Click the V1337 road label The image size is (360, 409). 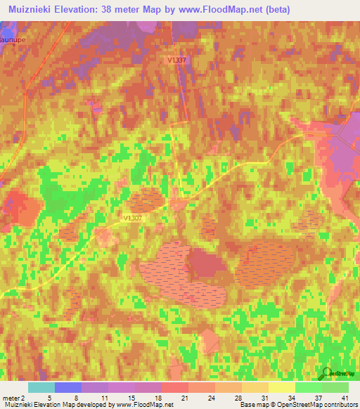177,60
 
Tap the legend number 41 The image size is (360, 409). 344,398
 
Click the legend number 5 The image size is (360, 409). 49,398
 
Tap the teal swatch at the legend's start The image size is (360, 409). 41,387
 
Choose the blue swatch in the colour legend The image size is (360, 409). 68,387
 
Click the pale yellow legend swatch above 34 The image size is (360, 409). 282,387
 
